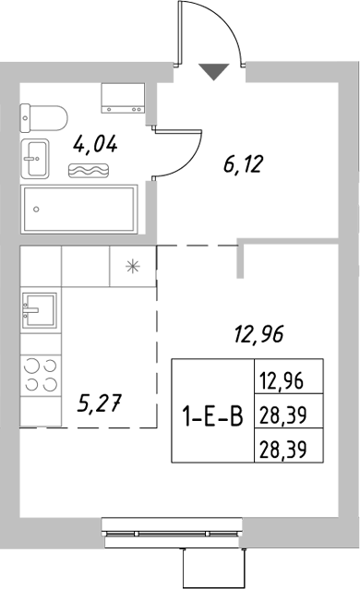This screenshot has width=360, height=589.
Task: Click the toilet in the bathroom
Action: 45,116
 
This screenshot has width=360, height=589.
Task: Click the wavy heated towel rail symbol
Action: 90,171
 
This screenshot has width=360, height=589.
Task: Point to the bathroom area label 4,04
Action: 95,144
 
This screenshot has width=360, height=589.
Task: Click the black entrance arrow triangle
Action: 213,71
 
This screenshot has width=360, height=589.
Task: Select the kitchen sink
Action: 38,310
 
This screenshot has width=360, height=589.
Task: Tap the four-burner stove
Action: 38,375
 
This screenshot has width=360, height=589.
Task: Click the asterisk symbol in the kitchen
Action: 132,268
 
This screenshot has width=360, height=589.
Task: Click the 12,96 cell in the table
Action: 280,380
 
